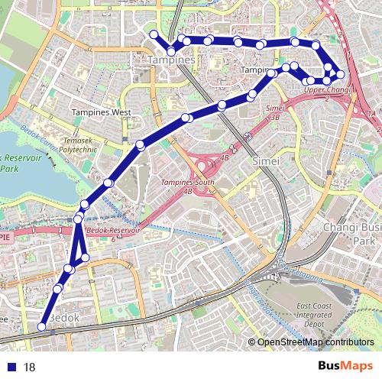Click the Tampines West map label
point(101,112)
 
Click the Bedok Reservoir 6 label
point(112,233)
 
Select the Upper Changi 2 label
point(326,94)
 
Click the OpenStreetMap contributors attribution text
point(315,343)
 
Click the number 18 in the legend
point(30,367)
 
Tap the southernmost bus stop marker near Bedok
point(42,327)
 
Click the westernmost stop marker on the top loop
point(154,34)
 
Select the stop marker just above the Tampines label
point(171,51)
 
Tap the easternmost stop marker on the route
point(341,74)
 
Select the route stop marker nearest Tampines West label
point(141,145)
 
